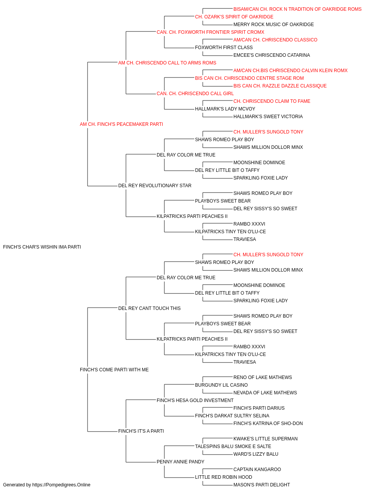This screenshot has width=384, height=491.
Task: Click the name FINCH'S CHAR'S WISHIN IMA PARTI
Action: [42, 247]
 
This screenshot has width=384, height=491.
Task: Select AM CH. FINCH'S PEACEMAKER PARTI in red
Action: [121, 124]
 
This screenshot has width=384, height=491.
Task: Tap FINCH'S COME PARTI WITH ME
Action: [114, 370]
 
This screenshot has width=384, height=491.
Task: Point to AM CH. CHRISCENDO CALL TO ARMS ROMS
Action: [167, 63]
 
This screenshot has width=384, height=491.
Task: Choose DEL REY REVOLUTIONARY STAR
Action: [155, 186]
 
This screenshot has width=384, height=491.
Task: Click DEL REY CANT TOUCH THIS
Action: [149, 308]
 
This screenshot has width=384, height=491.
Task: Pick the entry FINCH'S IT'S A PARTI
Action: [141, 431]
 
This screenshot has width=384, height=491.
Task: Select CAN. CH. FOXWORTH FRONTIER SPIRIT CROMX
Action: [210, 32]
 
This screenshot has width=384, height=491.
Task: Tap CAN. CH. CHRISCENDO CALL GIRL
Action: [195, 94]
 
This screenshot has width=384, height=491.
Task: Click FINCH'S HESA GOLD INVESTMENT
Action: [195, 400]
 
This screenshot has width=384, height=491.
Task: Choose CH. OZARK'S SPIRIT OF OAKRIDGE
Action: [234, 17]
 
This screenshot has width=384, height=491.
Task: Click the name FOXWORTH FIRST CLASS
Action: [223, 48]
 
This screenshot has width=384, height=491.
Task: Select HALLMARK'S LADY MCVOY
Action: [225, 109]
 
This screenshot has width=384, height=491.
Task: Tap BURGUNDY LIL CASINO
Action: [221, 385]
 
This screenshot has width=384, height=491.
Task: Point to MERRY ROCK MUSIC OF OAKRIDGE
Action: [273, 25]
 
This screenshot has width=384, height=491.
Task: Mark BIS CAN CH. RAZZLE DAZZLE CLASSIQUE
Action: [280, 86]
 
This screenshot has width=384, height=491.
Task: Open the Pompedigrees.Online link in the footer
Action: [61, 485]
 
